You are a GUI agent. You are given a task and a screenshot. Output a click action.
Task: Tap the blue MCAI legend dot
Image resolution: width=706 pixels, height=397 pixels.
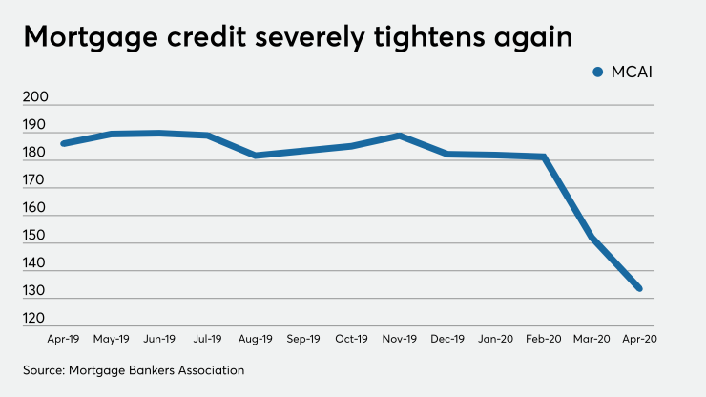(x=598, y=72)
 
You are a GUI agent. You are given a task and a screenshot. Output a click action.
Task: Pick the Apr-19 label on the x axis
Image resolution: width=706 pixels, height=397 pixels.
(x=62, y=338)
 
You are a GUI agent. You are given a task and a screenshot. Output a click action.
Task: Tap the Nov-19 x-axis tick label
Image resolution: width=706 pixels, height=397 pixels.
(x=399, y=338)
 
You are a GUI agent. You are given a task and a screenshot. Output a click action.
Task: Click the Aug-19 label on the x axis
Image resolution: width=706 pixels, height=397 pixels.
(x=255, y=338)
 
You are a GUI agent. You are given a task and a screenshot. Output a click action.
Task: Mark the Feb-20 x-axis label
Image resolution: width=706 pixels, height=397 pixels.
(x=543, y=338)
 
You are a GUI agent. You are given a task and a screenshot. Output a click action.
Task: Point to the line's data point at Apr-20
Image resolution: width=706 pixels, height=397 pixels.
(x=639, y=288)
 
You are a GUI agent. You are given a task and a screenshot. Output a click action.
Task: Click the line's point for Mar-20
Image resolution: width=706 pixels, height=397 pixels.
(x=592, y=238)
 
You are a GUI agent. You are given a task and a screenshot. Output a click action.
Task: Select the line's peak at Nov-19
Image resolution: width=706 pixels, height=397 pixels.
(x=399, y=136)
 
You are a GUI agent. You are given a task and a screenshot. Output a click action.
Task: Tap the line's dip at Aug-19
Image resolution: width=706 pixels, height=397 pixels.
(x=255, y=155)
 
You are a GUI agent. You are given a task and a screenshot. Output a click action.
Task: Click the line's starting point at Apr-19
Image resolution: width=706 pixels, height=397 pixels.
(x=62, y=143)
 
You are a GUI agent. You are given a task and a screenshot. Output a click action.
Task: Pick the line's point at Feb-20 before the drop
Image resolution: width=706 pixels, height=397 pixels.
(x=543, y=157)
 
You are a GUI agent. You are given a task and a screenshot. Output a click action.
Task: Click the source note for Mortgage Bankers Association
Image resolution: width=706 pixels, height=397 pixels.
(x=135, y=368)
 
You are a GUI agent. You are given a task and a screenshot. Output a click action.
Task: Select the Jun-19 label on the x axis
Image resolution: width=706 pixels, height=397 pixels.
(x=158, y=338)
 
